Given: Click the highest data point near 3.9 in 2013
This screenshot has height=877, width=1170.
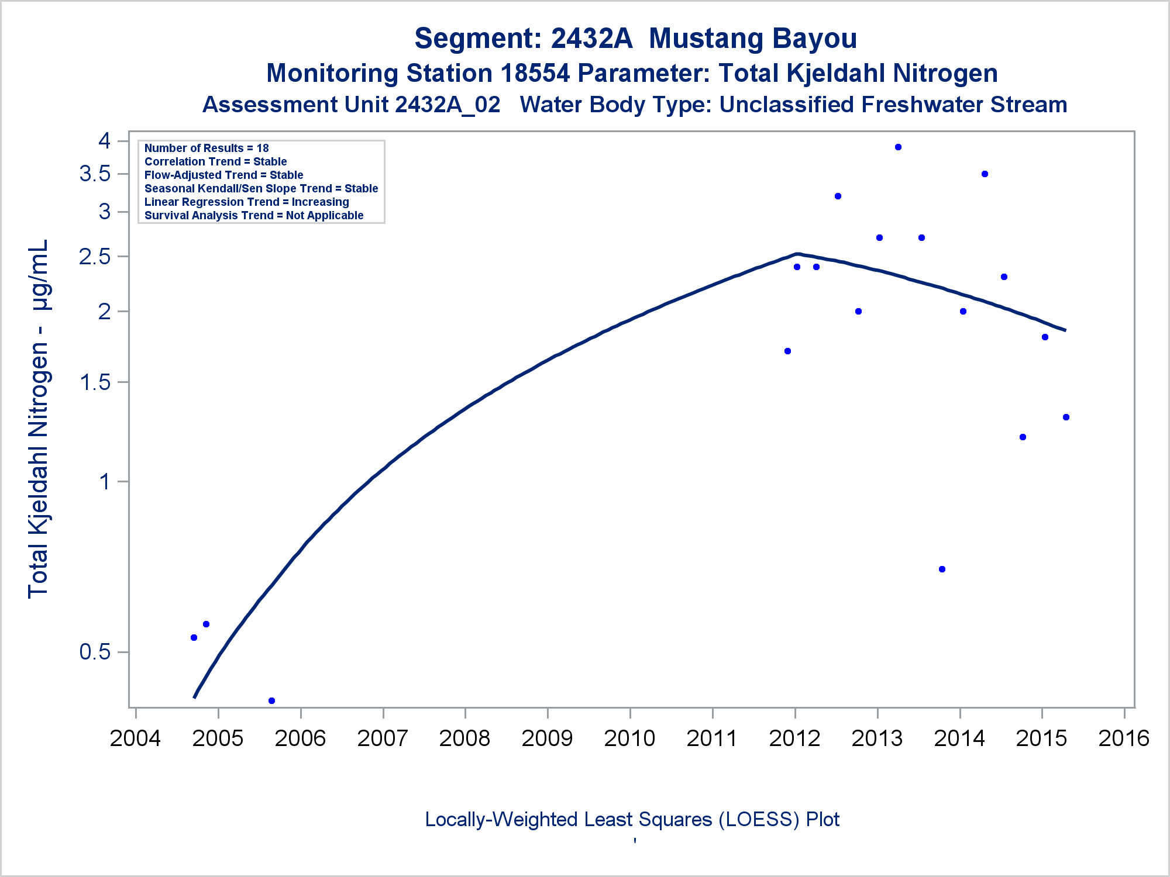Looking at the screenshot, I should pyautogui.click(x=898, y=147).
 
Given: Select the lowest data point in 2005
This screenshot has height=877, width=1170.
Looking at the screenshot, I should pyautogui.click(x=271, y=700).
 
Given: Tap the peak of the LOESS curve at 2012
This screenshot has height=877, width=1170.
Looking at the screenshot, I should pyautogui.click(x=797, y=254).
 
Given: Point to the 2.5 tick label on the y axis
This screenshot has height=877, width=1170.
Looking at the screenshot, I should pyautogui.click(x=95, y=257).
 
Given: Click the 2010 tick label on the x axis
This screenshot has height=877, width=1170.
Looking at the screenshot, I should pyautogui.click(x=629, y=738).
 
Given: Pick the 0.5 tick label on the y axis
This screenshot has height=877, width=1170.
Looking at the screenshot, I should pyautogui.click(x=95, y=651).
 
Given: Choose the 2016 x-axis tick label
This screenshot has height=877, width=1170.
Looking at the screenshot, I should pyautogui.click(x=1124, y=738).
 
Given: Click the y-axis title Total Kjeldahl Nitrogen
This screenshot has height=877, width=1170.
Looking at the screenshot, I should pyautogui.click(x=38, y=418).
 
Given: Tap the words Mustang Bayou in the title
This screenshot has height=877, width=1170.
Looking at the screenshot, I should pyautogui.click(x=753, y=39).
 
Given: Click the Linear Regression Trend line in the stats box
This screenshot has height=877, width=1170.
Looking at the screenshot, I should pyautogui.click(x=246, y=202).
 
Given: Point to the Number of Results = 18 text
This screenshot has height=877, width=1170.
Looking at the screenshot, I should pyautogui.click(x=207, y=149).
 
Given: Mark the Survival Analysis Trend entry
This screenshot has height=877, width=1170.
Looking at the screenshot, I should pyautogui.click(x=254, y=216).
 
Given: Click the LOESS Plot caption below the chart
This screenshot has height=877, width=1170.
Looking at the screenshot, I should pyautogui.click(x=632, y=820).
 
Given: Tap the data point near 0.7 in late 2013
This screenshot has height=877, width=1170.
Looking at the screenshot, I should pyautogui.click(x=942, y=569).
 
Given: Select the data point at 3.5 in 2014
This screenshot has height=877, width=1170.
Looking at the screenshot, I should pyautogui.click(x=985, y=174).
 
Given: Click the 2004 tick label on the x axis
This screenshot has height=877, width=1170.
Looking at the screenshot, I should pyautogui.click(x=135, y=738).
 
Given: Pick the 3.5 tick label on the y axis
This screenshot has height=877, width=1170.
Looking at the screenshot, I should pyautogui.click(x=95, y=174).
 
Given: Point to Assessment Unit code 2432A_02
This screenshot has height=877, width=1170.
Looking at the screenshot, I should pyautogui.click(x=448, y=105).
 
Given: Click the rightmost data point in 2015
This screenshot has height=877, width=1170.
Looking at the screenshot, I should pyautogui.click(x=1066, y=417).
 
